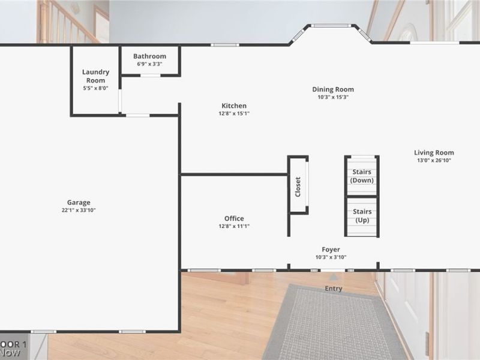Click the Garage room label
pos(79,202)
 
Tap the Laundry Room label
pos(95,76)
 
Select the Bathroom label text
pos(149,56)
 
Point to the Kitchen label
pos(234,106)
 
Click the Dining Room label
pos(333,89)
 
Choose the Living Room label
pos(434,152)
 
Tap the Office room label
pos(234,218)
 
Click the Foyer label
pos(331,250)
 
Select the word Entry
pos(334,289)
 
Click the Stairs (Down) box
pos(361,176)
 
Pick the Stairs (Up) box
pos(361,216)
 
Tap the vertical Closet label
pos(298,186)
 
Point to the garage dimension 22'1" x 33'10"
pos(79,210)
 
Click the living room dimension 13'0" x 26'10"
pos(434,160)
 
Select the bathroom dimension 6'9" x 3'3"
pos(149,64)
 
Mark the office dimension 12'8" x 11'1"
pos(234,226)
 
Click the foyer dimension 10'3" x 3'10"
pos(331,257)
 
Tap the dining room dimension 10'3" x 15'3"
pos(333,97)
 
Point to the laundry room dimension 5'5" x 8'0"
pos(95,88)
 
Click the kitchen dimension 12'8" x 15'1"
pos(234,113)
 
